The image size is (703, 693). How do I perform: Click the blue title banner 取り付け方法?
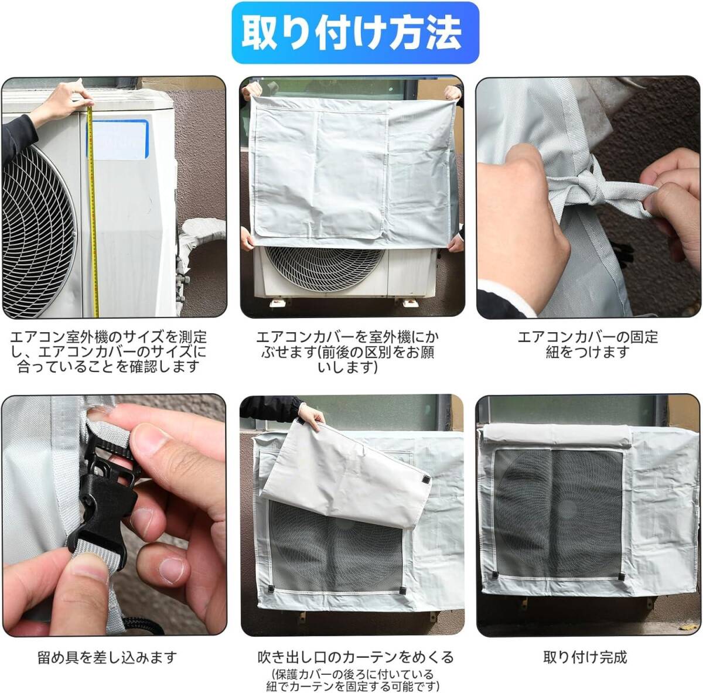[355, 33]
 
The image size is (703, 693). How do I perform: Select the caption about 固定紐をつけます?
[588, 344]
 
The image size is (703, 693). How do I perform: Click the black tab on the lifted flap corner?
[425, 479]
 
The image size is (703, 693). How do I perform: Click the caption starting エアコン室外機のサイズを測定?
[108, 351]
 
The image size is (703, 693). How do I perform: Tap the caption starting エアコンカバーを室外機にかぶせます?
[347, 351]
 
